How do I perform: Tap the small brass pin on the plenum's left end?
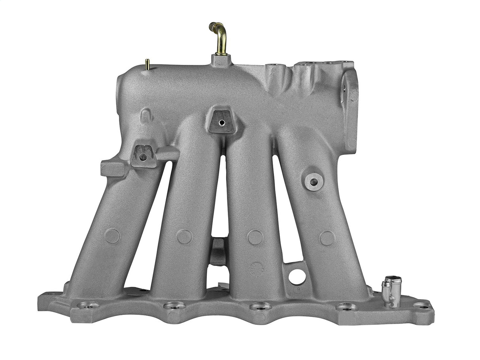pyautogui.click(x=147, y=65)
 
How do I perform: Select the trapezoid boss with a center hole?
pyautogui.click(x=221, y=121)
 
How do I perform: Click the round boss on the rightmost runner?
pyautogui.click(x=314, y=181)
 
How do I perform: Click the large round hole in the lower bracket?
pyautogui.click(x=297, y=276)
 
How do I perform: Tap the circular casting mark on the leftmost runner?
pyautogui.click(x=112, y=236)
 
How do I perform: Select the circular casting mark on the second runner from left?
pyautogui.click(x=184, y=236)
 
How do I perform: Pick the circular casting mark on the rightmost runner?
pyautogui.click(x=327, y=238)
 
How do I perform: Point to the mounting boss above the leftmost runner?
pyautogui.click(x=143, y=156)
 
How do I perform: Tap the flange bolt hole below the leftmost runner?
pyautogui.click(x=88, y=305)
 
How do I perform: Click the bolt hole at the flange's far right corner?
pyautogui.click(x=421, y=305)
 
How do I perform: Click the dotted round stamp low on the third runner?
pyautogui.click(x=257, y=268)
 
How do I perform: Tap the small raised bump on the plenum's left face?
pyautogui.click(x=146, y=115)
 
